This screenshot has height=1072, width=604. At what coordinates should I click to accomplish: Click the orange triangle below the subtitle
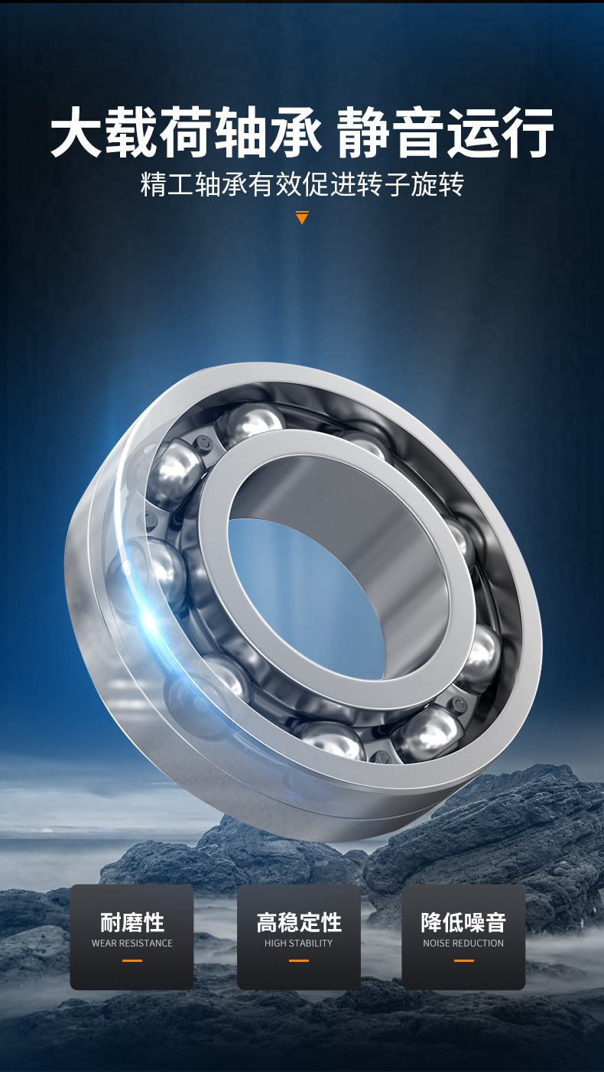pyautogui.click(x=302, y=217)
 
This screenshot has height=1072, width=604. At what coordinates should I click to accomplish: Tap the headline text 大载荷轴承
pyautogui.click(x=187, y=132)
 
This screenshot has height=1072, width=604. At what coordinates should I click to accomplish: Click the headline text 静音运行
pyautogui.click(x=446, y=132)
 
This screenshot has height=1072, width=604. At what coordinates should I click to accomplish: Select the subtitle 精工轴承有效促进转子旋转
pyautogui.click(x=302, y=185)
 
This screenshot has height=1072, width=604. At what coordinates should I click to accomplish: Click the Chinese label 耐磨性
pyautogui.click(x=132, y=923)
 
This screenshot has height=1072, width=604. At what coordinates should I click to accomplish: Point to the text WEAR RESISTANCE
pyautogui.click(x=132, y=944)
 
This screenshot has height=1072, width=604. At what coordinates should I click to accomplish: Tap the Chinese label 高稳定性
pyautogui.click(x=299, y=923)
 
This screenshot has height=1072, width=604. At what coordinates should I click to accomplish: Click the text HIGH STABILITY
pyautogui.click(x=299, y=944)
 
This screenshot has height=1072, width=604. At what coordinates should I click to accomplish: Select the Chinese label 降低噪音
pyautogui.click(x=463, y=923)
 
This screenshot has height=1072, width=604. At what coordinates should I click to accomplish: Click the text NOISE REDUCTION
pyautogui.click(x=463, y=944)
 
